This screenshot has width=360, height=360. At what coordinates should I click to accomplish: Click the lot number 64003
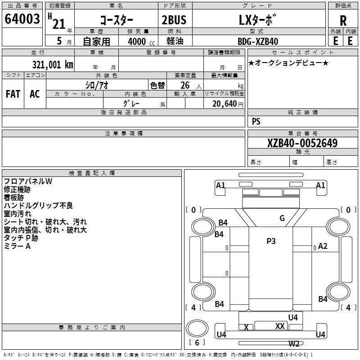point(22,19)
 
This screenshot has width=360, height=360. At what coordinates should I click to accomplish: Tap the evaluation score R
point(343,20)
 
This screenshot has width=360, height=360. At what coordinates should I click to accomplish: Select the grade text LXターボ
point(257,19)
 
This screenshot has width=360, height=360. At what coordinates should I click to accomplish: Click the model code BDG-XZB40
point(258,41)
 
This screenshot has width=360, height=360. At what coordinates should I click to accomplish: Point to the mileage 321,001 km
point(53,64)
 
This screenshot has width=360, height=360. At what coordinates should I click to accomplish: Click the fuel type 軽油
point(175,41)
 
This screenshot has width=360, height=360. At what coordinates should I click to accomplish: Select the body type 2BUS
point(174,19)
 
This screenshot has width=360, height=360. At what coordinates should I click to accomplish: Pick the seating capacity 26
point(184,85)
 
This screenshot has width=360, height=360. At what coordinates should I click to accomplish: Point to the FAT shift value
point(13,94)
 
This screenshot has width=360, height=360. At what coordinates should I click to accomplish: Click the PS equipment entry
point(256,121)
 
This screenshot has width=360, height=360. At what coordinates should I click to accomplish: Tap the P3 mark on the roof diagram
point(271,241)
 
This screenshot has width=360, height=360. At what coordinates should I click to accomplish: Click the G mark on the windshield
point(282,218)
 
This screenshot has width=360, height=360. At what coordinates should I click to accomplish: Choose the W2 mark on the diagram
point(294,344)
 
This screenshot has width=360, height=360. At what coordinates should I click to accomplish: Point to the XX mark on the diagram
point(279,326)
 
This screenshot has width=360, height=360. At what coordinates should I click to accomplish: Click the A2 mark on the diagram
point(323,246)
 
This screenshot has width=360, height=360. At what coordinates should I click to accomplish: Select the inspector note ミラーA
point(17,246)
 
